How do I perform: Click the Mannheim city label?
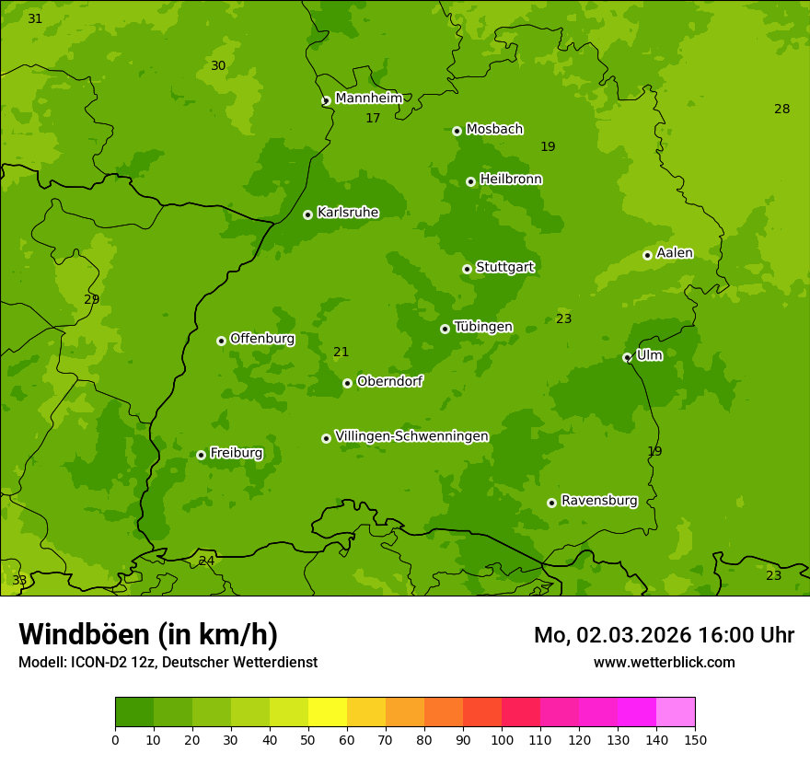[x=368, y=98]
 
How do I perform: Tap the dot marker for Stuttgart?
[x=467, y=269]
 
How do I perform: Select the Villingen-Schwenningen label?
[x=411, y=436]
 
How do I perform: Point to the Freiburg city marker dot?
[x=201, y=455]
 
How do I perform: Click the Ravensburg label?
[x=599, y=501]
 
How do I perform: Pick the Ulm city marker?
[x=627, y=357]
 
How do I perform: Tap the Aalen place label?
[x=675, y=253]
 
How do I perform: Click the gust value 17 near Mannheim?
[x=373, y=119]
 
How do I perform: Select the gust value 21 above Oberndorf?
[x=341, y=353]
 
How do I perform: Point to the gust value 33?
[x=19, y=581]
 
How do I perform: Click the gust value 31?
[x=35, y=19]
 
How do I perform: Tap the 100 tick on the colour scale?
[x=502, y=739]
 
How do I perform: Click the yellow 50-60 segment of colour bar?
[x=328, y=712]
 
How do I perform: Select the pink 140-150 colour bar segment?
[x=676, y=712]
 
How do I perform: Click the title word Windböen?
[x=83, y=634]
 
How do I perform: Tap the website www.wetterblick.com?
[x=664, y=662]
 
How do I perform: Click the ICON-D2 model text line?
[x=168, y=663]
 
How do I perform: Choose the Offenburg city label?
[x=262, y=339]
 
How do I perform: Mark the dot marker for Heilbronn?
[x=470, y=181]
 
